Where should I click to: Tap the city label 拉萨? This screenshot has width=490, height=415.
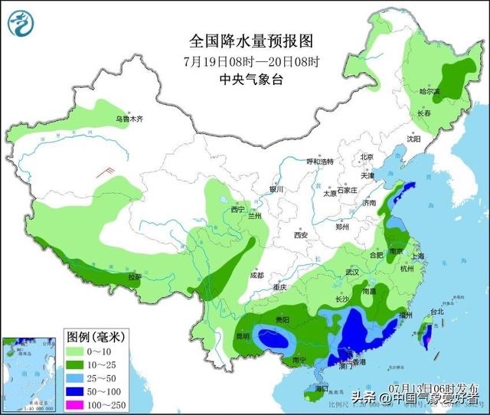point(135,276)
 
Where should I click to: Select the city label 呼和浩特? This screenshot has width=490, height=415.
point(320,162)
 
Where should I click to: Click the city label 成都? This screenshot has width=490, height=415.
point(256,275)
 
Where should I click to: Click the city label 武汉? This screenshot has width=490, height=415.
point(351,272)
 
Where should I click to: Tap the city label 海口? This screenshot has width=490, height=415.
point(310,389)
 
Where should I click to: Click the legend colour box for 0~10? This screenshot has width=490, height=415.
point(77,351)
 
